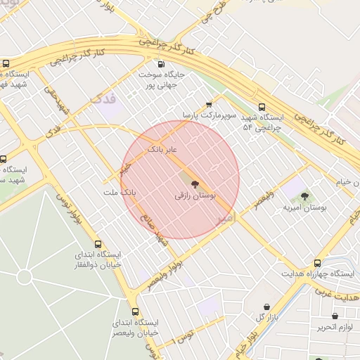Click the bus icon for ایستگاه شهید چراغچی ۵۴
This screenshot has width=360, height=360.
coord(262,108)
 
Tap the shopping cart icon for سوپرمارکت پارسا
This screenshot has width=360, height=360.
coord(208,103)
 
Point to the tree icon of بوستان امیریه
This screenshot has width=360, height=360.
coord(305,198)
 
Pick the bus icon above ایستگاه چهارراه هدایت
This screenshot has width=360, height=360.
coord(317,262)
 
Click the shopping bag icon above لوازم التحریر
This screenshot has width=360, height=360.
coord(335,316)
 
